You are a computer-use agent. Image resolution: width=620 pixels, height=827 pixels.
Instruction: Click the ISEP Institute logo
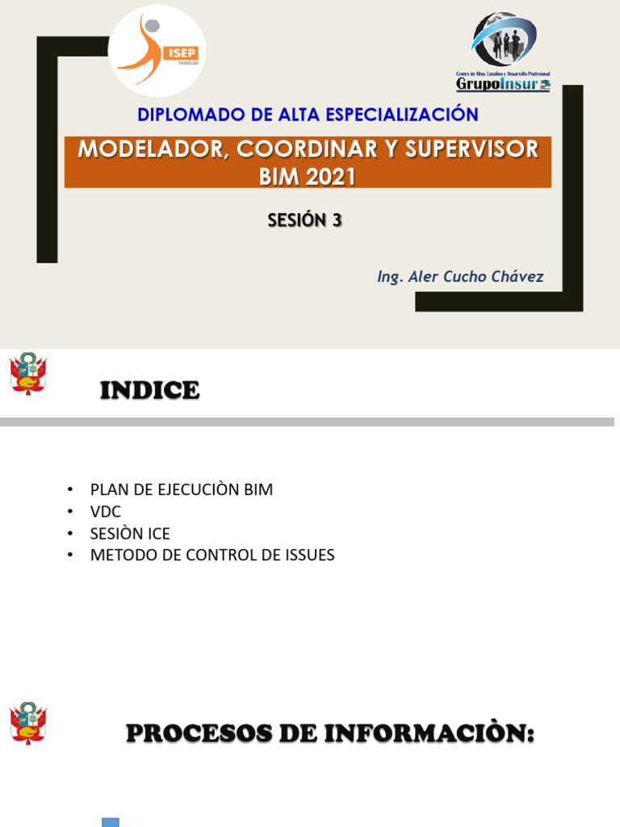click(x=157, y=50)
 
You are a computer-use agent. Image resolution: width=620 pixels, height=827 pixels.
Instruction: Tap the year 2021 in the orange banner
click(x=330, y=175)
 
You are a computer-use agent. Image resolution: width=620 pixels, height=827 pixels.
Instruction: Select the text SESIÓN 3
click(x=305, y=220)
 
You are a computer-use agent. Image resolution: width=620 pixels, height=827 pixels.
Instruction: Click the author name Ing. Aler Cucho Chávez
click(x=460, y=277)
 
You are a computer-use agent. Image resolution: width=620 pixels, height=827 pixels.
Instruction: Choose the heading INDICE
click(x=149, y=391)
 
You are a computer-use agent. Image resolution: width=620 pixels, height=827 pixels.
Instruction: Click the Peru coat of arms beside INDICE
click(x=28, y=374)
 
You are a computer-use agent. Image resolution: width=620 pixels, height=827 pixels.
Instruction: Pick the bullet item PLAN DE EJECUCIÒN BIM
click(x=182, y=489)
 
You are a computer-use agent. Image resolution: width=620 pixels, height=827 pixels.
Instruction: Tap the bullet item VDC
click(x=106, y=511)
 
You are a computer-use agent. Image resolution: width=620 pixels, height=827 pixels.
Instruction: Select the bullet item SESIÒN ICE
click(x=130, y=533)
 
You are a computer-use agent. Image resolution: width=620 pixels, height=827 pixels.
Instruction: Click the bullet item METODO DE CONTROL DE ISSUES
click(x=212, y=555)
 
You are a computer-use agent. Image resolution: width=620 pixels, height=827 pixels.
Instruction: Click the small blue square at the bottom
click(x=111, y=822)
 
